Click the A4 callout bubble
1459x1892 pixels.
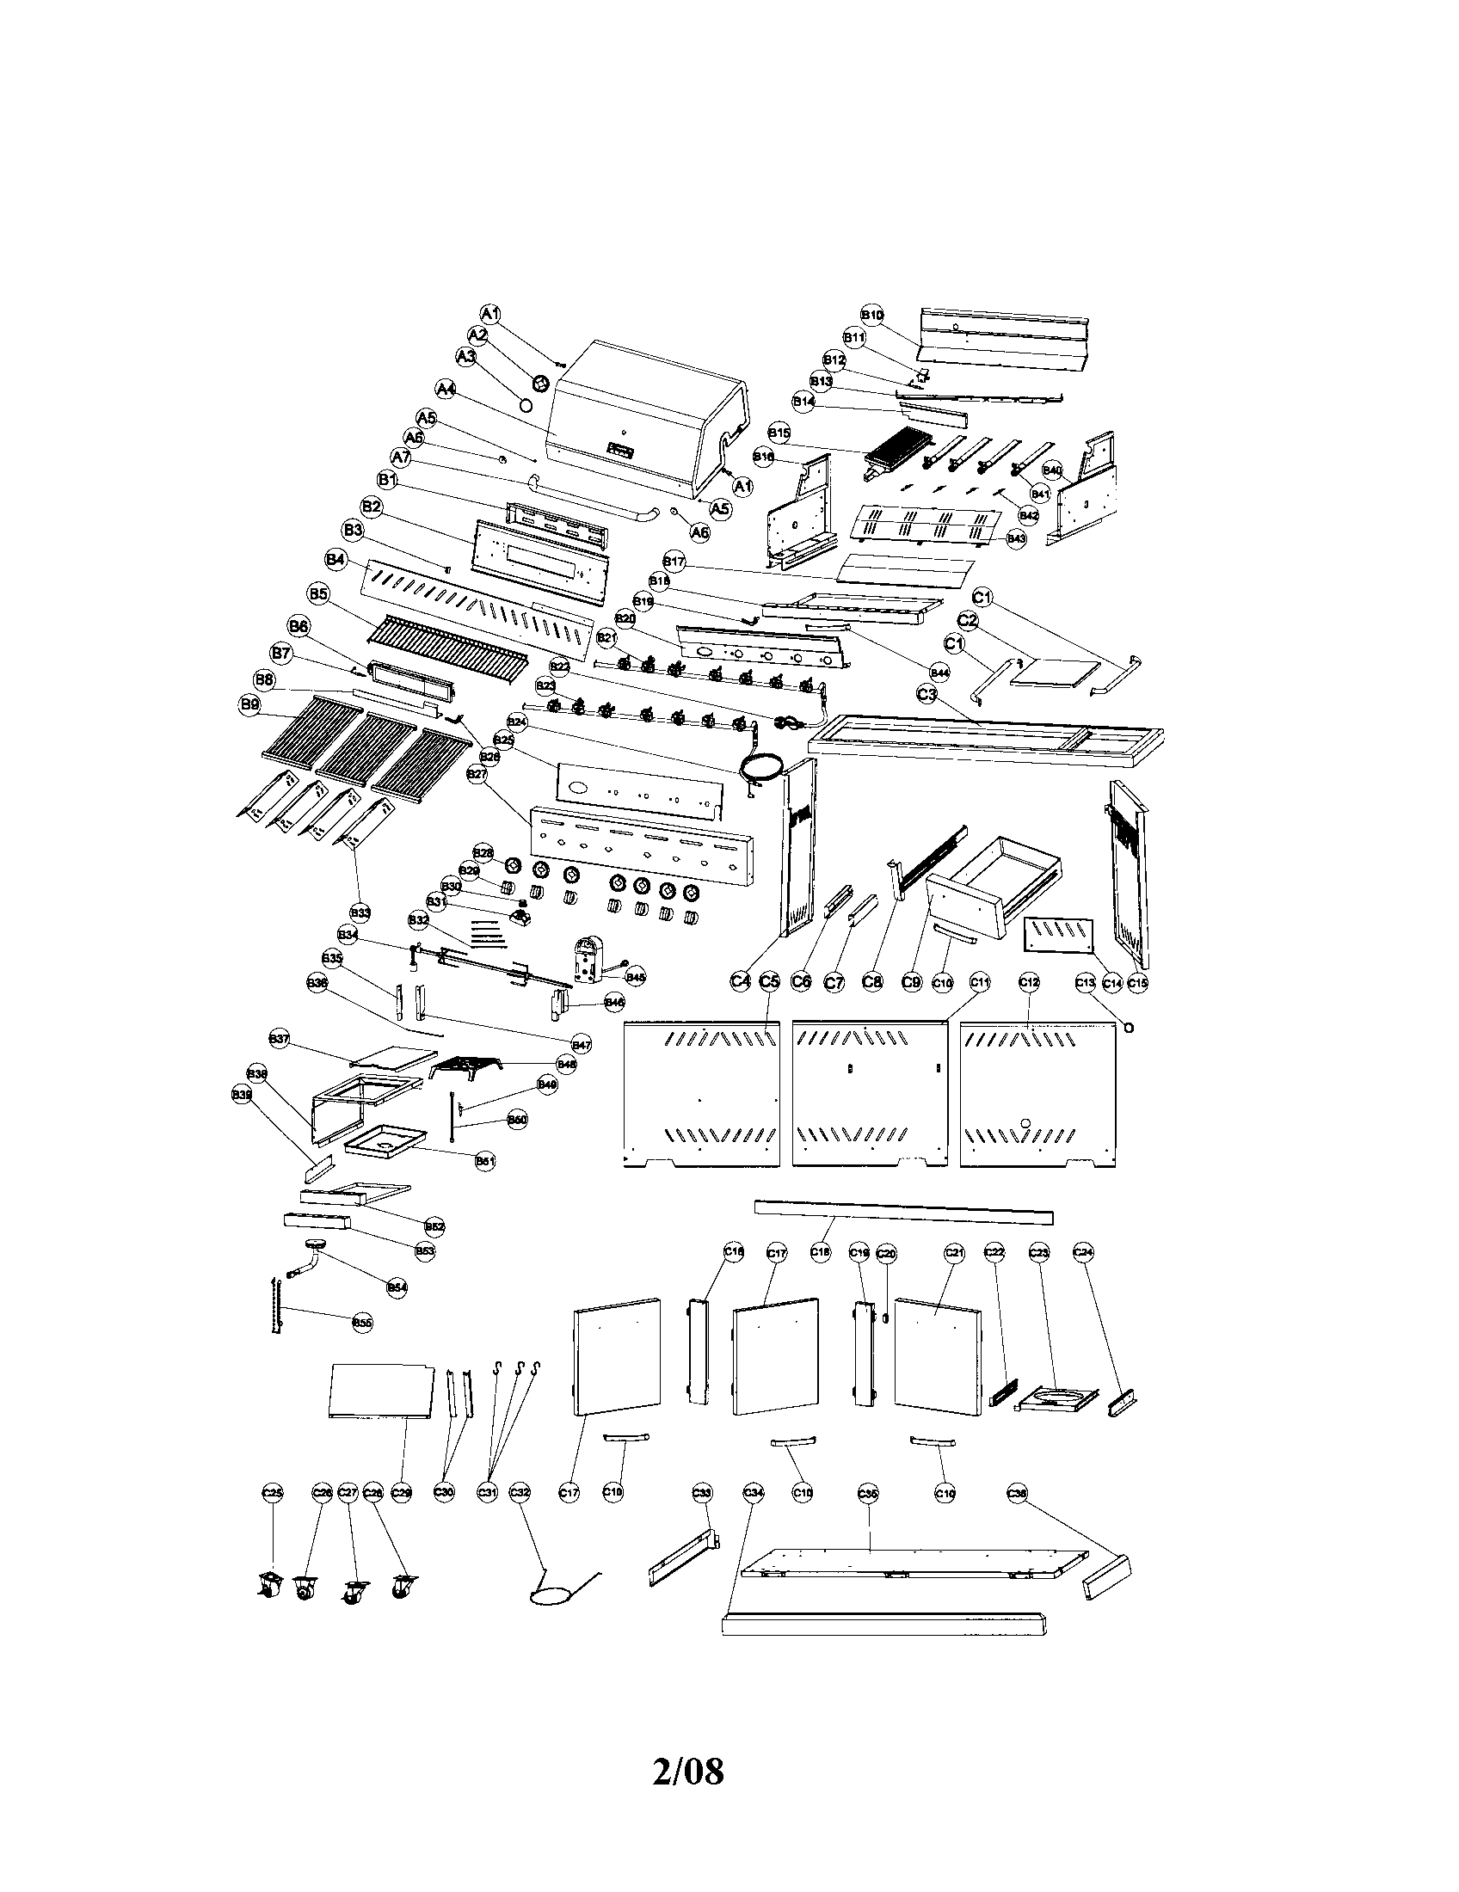tap(446, 390)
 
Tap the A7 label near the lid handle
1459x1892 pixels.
tap(400, 457)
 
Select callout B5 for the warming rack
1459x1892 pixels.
tap(318, 593)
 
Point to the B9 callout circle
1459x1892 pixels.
tap(249, 705)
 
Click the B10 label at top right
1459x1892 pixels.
tap(871, 315)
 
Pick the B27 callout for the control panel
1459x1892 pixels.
tap(477, 774)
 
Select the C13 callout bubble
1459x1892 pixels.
tap(1087, 982)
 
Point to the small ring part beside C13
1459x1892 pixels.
tap(1129, 1026)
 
